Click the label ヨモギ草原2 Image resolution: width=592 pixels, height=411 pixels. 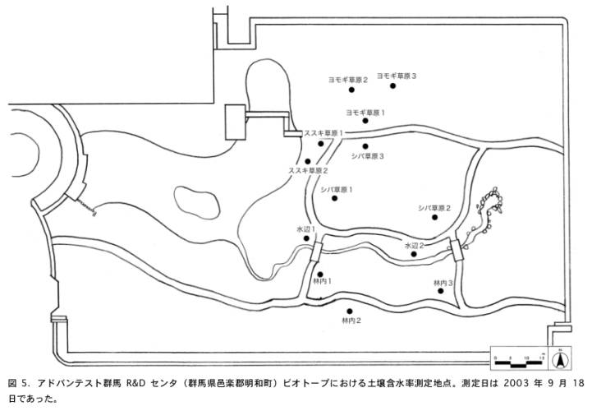[x=348, y=80]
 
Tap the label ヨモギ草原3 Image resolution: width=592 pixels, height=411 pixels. [x=397, y=76]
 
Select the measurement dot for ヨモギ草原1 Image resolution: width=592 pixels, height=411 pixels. [x=365, y=121]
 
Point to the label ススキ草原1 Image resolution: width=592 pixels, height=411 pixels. [x=324, y=132]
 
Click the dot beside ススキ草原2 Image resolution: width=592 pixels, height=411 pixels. [x=308, y=160]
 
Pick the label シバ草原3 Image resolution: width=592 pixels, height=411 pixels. [x=367, y=155]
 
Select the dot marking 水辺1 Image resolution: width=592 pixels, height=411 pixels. [x=307, y=238]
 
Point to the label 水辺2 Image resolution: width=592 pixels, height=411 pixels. [x=413, y=245]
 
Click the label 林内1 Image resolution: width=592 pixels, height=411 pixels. [x=319, y=281]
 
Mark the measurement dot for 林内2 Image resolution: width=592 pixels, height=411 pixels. [x=351, y=311]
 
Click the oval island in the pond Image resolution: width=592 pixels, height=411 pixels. [x=195, y=199]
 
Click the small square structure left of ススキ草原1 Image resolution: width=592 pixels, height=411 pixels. [x=237, y=123]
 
